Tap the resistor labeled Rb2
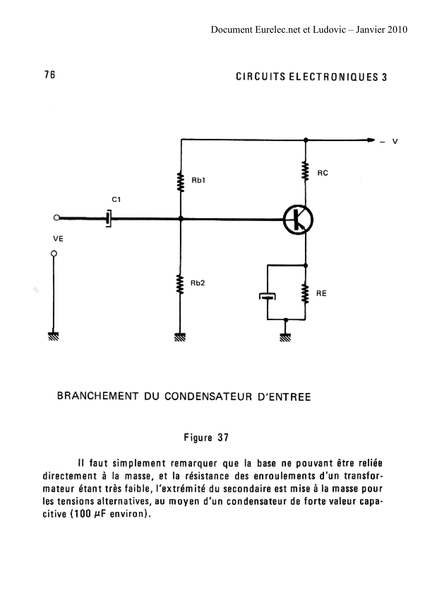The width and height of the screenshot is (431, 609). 180,284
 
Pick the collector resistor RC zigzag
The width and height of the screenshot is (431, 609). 306,171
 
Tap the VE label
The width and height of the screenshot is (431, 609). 58,239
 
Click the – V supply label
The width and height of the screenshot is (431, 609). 389,142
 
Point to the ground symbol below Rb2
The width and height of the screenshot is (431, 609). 180,337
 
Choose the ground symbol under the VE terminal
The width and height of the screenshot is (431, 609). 53,336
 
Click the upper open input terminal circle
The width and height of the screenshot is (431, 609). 56,218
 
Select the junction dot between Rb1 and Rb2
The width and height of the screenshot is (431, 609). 181,219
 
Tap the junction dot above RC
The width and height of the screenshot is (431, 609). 306,140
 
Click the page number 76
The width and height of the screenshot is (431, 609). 50,75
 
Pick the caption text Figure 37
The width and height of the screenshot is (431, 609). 206,437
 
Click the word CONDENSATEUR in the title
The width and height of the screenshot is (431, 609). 208,397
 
